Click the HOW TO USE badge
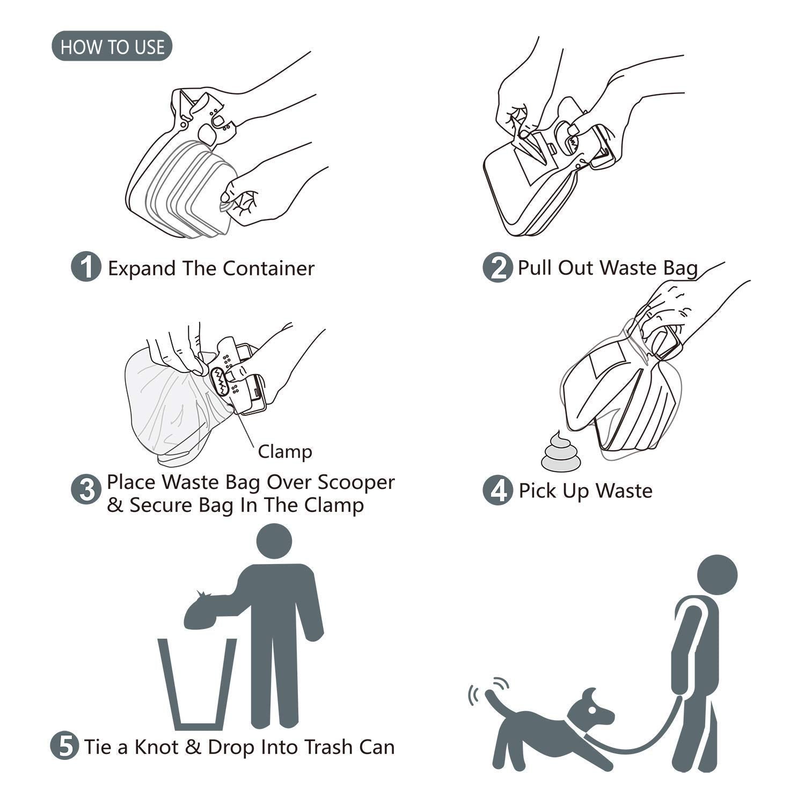point(112,47)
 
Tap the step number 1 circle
point(86,267)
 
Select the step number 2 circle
point(497,267)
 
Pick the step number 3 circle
point(86,489)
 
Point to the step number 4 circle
point(497,490)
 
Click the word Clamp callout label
point(284,451)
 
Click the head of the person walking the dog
point(717,574)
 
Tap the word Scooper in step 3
point(356,482)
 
